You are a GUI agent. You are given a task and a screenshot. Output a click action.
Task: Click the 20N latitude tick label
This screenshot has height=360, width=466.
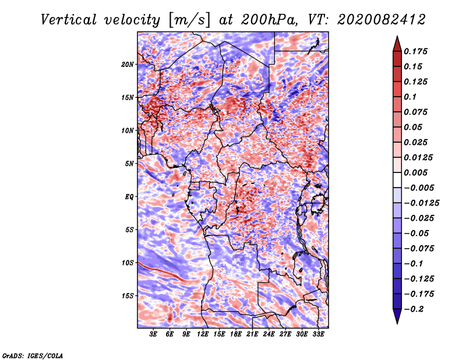pos(128,64)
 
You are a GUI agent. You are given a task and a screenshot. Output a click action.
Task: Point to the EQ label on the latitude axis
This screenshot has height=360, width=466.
pos(129,196)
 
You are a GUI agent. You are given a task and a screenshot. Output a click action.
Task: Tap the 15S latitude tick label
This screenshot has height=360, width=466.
pos(128,296)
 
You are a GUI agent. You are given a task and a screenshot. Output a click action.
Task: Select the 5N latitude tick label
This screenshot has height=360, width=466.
pos(129,164)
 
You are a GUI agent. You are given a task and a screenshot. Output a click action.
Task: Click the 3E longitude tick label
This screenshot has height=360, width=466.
pos(153,334)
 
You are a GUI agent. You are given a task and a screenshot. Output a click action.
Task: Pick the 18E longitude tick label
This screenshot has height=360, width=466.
pos(236,334)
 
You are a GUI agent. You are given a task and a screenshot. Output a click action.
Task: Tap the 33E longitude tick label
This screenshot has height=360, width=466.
pos(318,334)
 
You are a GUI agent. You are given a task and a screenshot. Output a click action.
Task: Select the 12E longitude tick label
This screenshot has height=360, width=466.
pos(203,334)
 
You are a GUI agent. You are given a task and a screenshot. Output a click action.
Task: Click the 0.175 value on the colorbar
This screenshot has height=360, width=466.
pos(415,51)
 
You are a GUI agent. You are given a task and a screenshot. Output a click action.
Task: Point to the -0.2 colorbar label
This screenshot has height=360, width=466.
pos(414,309)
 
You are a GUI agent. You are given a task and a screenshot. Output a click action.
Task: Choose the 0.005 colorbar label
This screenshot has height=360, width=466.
pos(415,172)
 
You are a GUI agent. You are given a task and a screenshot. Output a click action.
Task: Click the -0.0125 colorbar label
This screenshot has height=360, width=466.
pos(421,203)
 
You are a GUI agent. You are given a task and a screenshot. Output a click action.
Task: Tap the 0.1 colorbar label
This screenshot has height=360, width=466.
pos(410,97)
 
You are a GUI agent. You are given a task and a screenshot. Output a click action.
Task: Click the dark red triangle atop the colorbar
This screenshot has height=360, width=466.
pos(397,44)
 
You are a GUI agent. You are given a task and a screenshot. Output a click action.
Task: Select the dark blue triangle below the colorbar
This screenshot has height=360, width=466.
pos(397,316)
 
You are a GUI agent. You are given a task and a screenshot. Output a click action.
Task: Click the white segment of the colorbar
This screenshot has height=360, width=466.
pos(397,180)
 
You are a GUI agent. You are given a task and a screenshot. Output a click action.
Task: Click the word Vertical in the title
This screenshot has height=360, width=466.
pos(69,20)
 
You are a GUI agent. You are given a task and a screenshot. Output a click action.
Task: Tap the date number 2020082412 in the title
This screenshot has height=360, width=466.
pos(382,20)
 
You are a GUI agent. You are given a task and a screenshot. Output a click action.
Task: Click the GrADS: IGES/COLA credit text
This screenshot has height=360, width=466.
pos(33,355)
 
